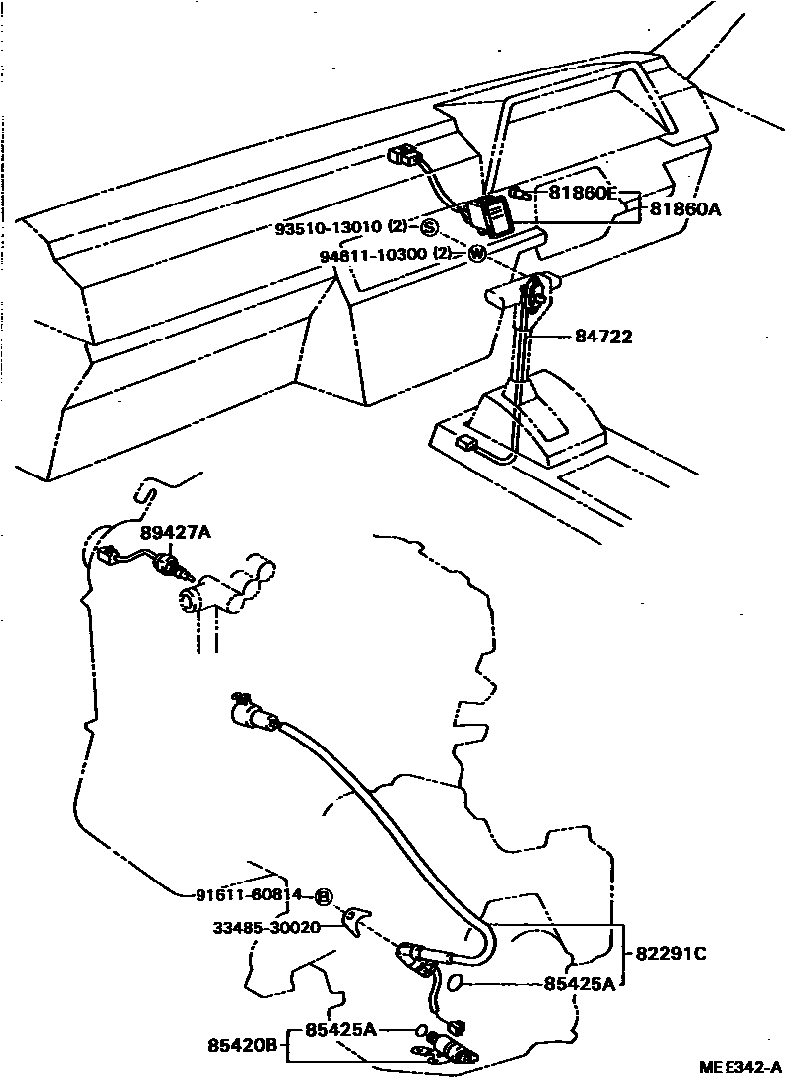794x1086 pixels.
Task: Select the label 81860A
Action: (x=685, y=209)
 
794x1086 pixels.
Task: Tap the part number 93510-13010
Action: (x=331, y=229)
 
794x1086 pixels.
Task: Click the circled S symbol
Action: (x=429, y=229)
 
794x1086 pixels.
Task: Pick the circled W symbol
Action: (x=476, y=255)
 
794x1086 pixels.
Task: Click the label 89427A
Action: (x=175, y=533)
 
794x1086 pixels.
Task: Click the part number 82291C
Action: (x=670, y=954)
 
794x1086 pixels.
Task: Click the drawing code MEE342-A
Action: (x=740, y=1068)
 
